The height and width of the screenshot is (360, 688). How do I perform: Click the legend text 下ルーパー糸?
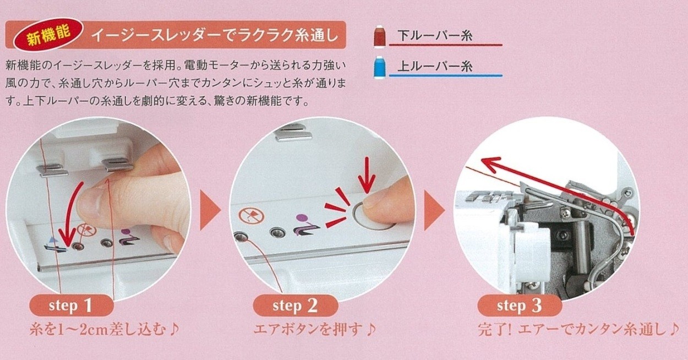coord(435,37)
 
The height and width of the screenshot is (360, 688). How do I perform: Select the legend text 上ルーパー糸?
coord(435,67)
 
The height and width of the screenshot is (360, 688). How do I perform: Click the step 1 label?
coord(72,305)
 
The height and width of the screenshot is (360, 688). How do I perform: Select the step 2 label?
coord(295,306)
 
